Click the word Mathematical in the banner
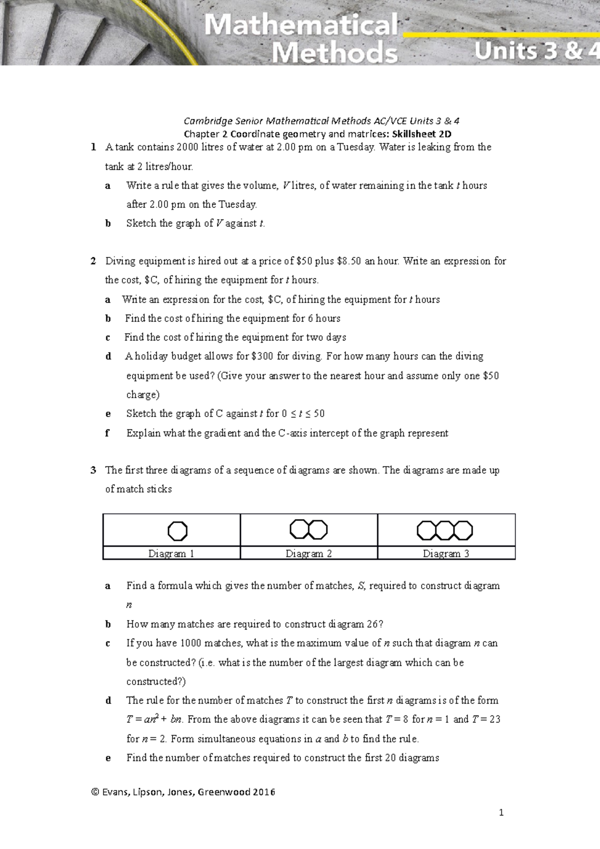301,25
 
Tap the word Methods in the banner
334,53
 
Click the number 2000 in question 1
187,147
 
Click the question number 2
93,261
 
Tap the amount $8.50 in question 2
349,261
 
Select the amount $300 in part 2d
262,356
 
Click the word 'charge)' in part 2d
143,394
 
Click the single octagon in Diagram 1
177,530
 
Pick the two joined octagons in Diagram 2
308,529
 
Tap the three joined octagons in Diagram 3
444,530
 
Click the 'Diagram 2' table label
308,553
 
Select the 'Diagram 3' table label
446,553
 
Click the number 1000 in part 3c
191,643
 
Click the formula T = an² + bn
154,719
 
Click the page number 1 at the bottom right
501,813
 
